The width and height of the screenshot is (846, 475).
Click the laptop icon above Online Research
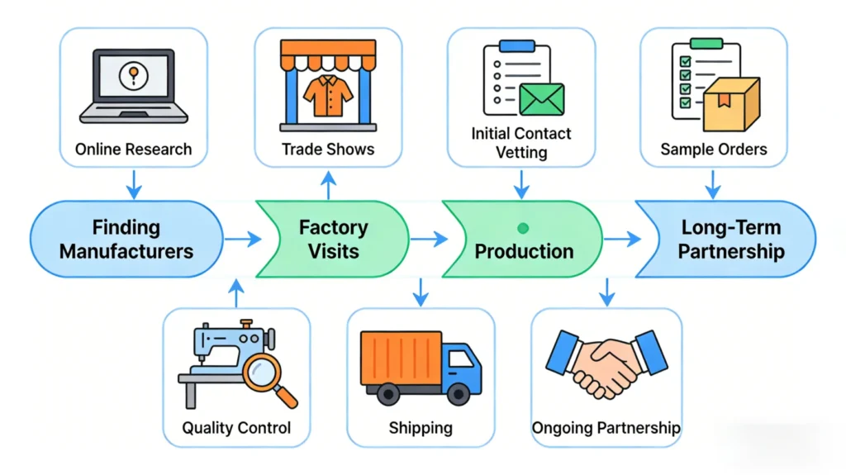click(x=133, y=87)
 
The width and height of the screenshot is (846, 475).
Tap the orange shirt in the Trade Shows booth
click(x=327, y=97)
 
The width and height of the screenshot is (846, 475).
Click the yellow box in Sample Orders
click(x=730, y=105)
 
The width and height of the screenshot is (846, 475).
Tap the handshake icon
click(x=606, y=363)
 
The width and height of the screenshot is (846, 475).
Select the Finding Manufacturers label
click(x=126, y=239)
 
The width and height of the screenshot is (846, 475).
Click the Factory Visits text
click(x=333, y=239)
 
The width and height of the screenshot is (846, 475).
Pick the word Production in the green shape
click(x=524, y=251)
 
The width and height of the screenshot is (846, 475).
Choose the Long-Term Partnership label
click(x=730, y=239)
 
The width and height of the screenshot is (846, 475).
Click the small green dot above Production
click(x=522, y=227)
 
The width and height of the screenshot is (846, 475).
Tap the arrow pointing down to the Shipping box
click(x=421, y=291)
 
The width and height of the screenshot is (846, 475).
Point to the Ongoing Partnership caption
click(x=606, y=428)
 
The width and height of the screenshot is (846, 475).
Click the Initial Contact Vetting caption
click(x=520, y=142)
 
